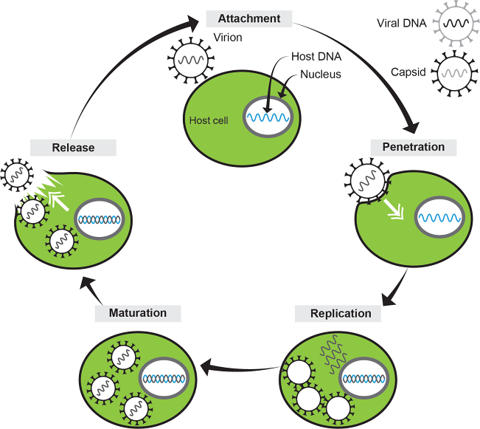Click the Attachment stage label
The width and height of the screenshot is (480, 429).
click(249, 18)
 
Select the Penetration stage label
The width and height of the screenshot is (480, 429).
click(413, 146)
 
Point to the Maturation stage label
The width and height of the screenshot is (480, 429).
click(137, 313)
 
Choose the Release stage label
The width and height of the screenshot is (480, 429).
click(73, 147)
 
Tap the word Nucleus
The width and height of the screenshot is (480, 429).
click(321, 75)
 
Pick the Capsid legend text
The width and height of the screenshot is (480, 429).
click(409, 72)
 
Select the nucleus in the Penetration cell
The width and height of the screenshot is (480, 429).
click(440, 217)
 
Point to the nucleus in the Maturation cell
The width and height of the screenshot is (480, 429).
click(164, 379)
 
